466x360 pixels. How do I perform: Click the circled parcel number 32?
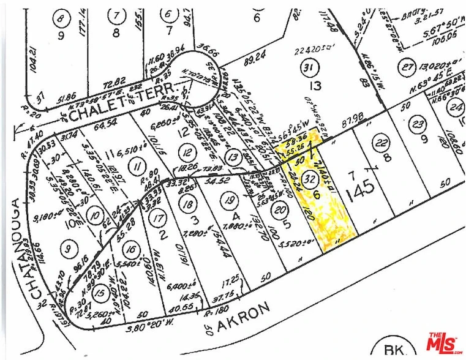pos(310,180)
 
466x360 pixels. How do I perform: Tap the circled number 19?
pos(229,199)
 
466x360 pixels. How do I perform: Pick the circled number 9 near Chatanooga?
pos(67,249)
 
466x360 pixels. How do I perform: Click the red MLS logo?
pos(444,342)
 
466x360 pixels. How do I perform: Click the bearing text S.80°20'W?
pos(155,318)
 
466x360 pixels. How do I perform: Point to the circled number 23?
pos(418,124)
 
